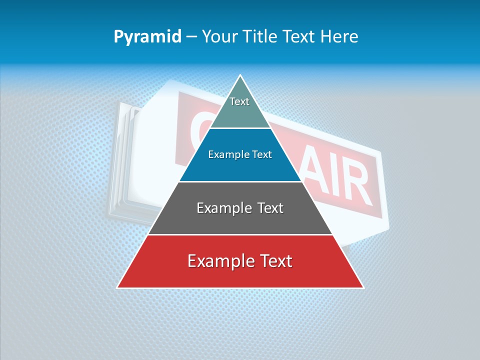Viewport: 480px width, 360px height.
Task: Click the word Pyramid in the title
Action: (147, 37)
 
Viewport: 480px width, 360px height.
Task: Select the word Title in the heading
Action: (262, 36)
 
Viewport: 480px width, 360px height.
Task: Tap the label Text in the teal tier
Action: (239, 101)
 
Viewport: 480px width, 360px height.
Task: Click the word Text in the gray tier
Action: (270, 208)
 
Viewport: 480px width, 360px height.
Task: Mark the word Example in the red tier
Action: (220, 261)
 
